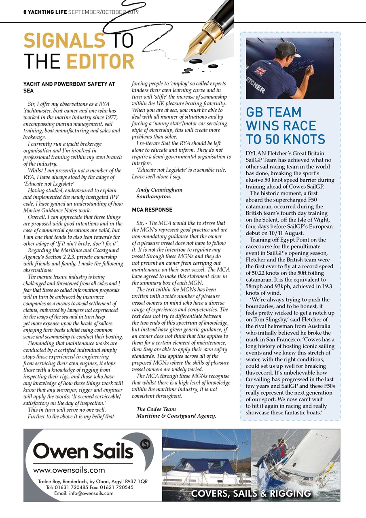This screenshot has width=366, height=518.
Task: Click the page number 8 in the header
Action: point(25,12)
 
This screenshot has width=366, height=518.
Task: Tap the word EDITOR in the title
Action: point(100,62)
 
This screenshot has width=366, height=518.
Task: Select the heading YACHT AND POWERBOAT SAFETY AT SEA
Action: point(69,87)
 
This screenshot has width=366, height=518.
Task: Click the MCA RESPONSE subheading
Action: point(152,210)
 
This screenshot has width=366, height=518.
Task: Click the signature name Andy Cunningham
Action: point(159,189)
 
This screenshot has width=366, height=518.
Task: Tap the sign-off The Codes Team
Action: point(156,409)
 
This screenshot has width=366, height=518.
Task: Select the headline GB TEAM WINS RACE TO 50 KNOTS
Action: point(286,125)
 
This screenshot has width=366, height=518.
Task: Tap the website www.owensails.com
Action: point(69,470)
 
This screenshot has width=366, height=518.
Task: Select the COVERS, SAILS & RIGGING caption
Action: point(251,493)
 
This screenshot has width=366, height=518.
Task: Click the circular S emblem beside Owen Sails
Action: point(144,446)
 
